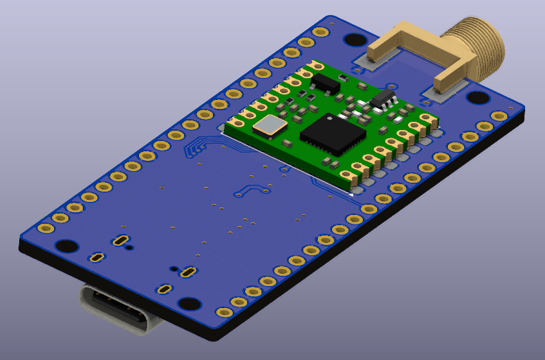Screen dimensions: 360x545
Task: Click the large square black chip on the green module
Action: [x=331, y=134]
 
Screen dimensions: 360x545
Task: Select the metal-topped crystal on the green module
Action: [x=270, y=125]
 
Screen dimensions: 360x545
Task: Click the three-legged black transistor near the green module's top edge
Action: [x=325, y=83]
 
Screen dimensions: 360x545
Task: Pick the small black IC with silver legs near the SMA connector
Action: [x=383, y=98]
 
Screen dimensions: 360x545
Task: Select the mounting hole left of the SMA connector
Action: [x=355, y=40]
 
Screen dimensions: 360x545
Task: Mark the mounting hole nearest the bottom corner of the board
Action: [x=189, y=304]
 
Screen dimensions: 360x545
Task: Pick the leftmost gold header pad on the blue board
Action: [x=46, y=229]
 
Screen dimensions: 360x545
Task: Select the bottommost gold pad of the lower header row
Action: [x=224, y=312]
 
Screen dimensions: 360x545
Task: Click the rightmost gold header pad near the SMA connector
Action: [x=499, y=116]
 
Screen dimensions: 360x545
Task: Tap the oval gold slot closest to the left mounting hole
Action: [x=120, y=240]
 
